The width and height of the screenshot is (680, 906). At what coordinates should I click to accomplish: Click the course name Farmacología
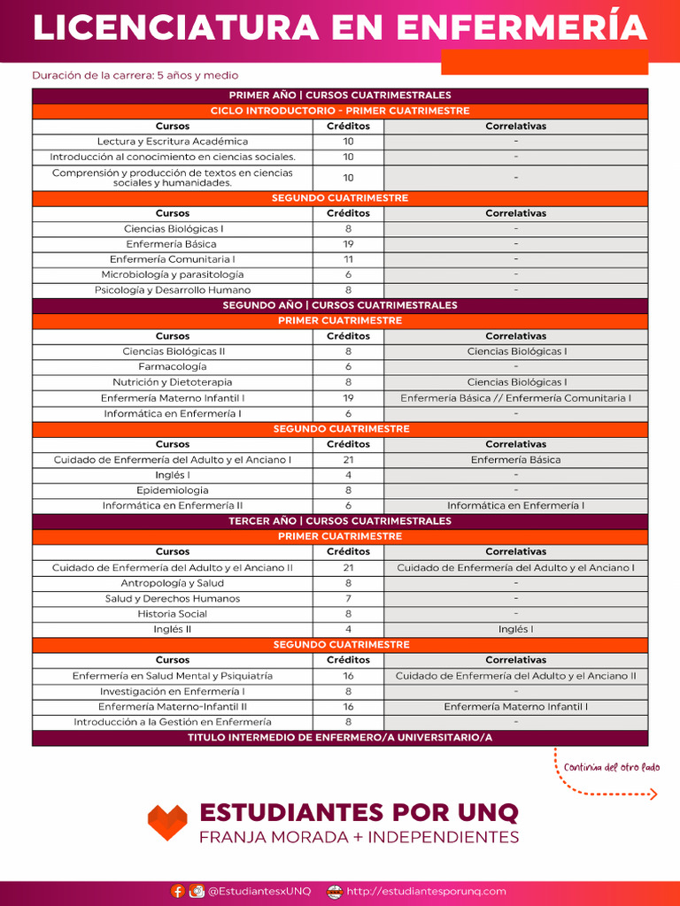[x=173, y=366]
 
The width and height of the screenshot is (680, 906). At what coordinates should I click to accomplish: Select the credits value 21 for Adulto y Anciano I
[x=348, y=460]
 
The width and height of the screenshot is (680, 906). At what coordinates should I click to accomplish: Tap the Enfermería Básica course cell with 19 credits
[x=172, y=244]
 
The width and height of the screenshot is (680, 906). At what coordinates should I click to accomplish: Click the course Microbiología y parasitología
[x=173, y=274]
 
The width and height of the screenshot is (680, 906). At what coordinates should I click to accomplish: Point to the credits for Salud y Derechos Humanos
[x=348, y=599]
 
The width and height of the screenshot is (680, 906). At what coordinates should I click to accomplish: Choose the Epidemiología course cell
[x=173, y=490]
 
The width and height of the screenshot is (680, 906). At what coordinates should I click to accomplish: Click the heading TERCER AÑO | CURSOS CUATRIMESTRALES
[x=340, y=521]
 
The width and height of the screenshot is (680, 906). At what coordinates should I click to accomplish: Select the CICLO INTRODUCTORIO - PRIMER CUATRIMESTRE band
[x=340, y=111]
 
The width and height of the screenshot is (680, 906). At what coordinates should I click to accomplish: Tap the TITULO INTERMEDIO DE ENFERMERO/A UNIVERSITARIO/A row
[x=340, y=738]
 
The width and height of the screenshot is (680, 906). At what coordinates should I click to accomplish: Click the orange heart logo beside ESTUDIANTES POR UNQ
[x=167, y=822]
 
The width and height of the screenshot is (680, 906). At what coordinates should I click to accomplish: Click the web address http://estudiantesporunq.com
[x=426, y=891]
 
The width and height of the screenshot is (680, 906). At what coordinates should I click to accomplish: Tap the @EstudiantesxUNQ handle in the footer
[x=259, y=891]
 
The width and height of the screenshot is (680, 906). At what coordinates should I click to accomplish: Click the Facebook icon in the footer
[x=178, y=891]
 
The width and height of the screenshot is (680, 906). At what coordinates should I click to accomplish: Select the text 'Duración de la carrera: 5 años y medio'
[x=135, y=76]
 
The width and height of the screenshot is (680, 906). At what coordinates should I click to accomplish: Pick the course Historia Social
[x=173, y=614]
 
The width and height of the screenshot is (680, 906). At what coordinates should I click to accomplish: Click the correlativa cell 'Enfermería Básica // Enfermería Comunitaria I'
[x=515, y=398]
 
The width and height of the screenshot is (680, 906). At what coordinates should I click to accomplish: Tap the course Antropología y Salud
[x=173, y=583]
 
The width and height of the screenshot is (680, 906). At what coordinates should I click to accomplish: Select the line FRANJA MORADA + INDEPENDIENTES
[x=359, y=837]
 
